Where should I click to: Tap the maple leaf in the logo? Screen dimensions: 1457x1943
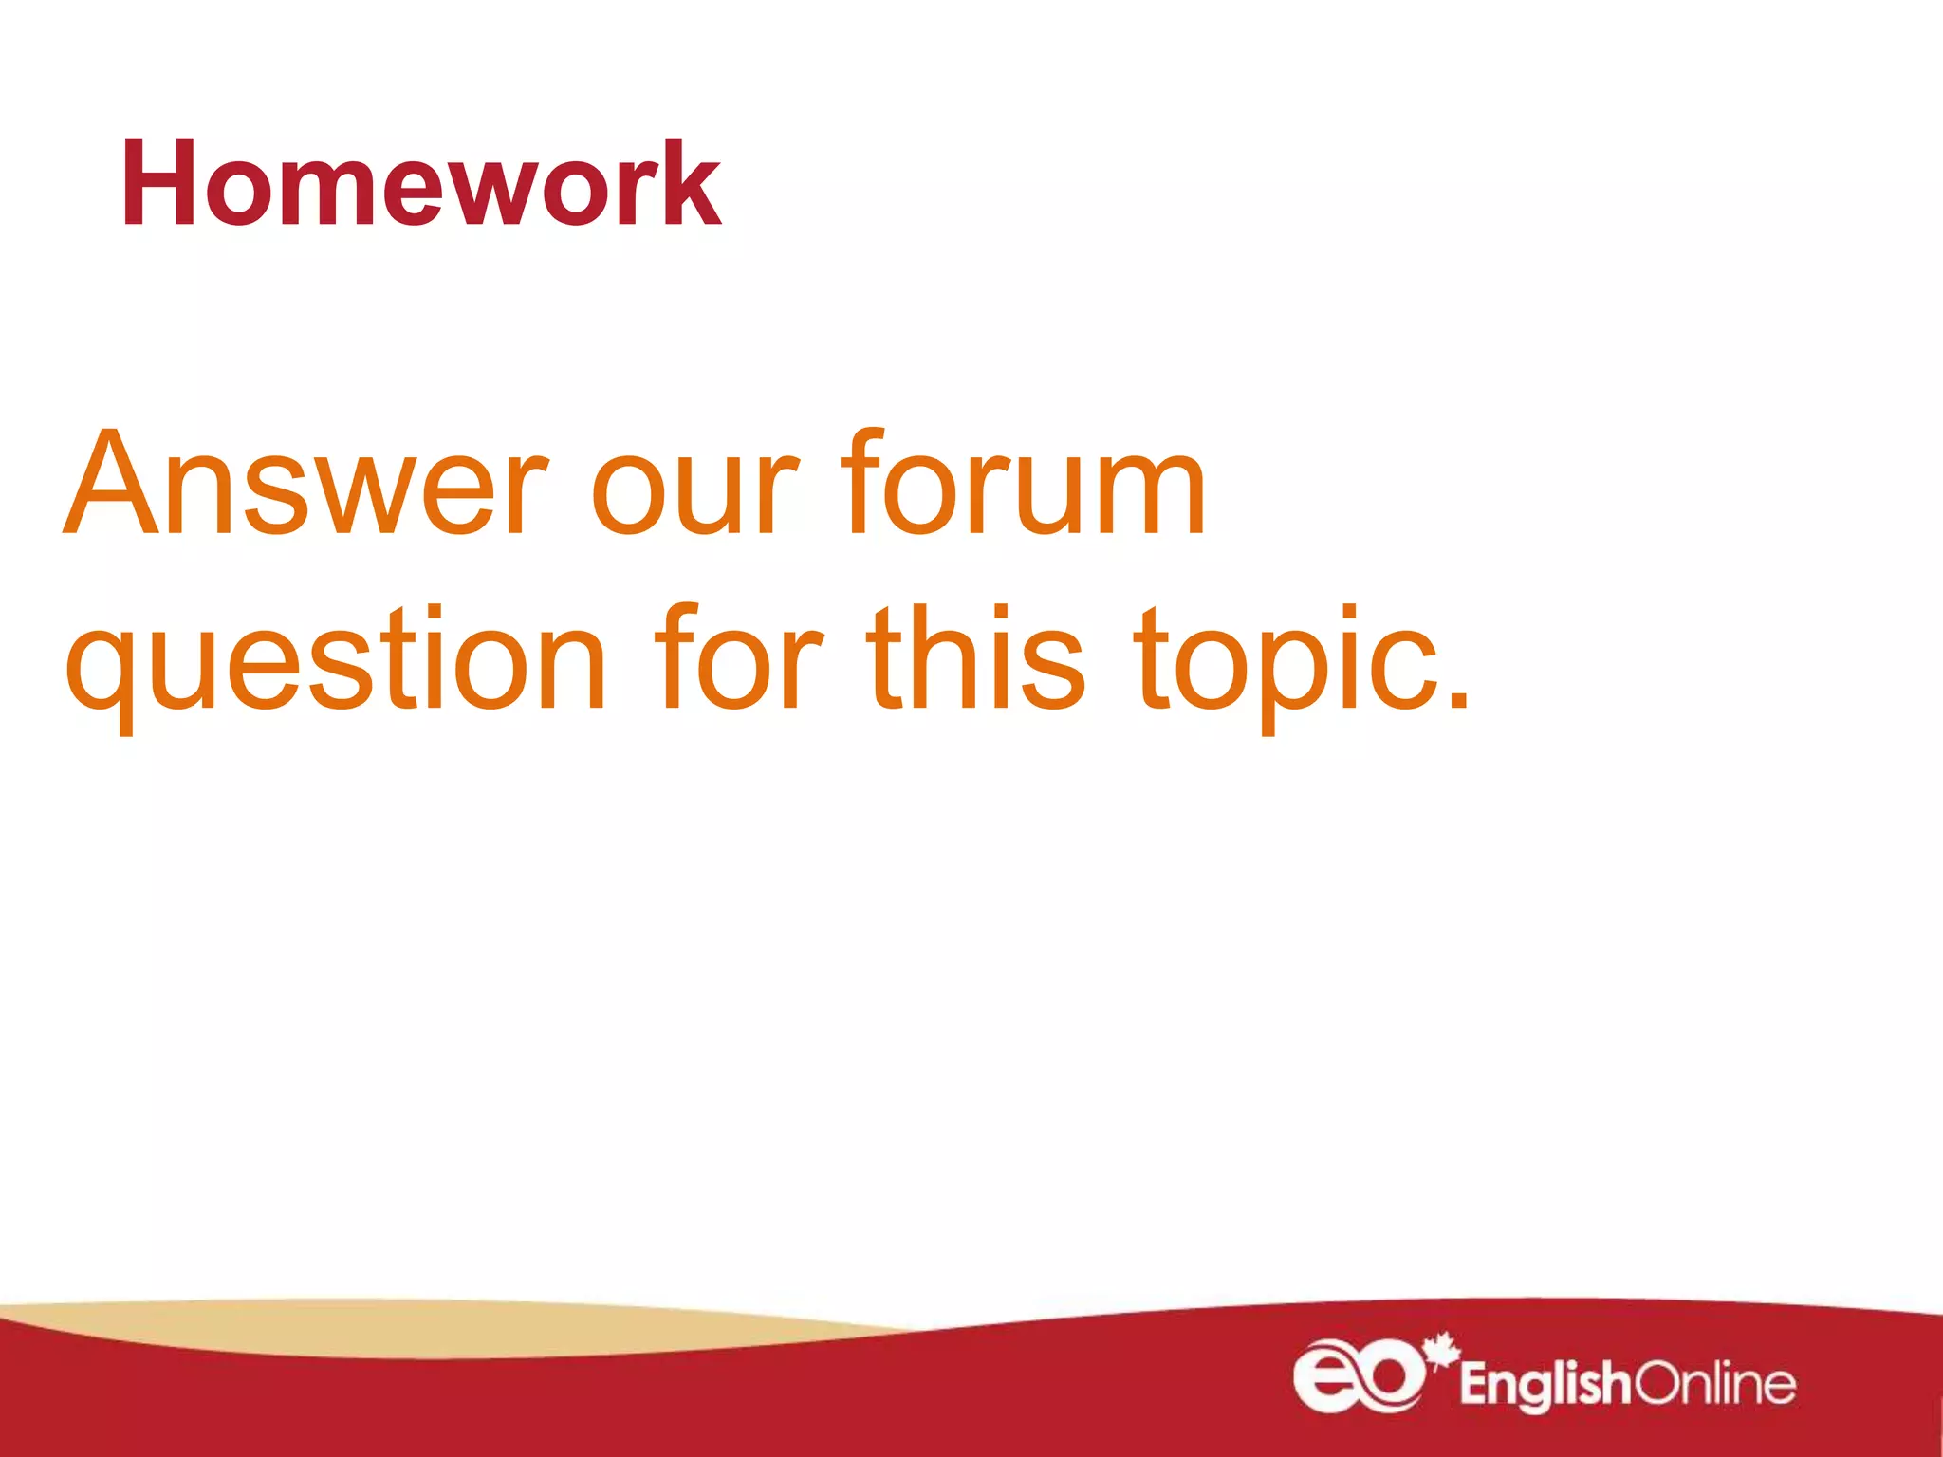[x=1442, y=1348]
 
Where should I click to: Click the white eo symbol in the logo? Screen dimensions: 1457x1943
[x=1359, y=1375]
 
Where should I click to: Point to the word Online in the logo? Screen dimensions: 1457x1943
[x=1715, y=1384]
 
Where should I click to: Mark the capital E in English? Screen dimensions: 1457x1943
[x=1474, y=1384]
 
